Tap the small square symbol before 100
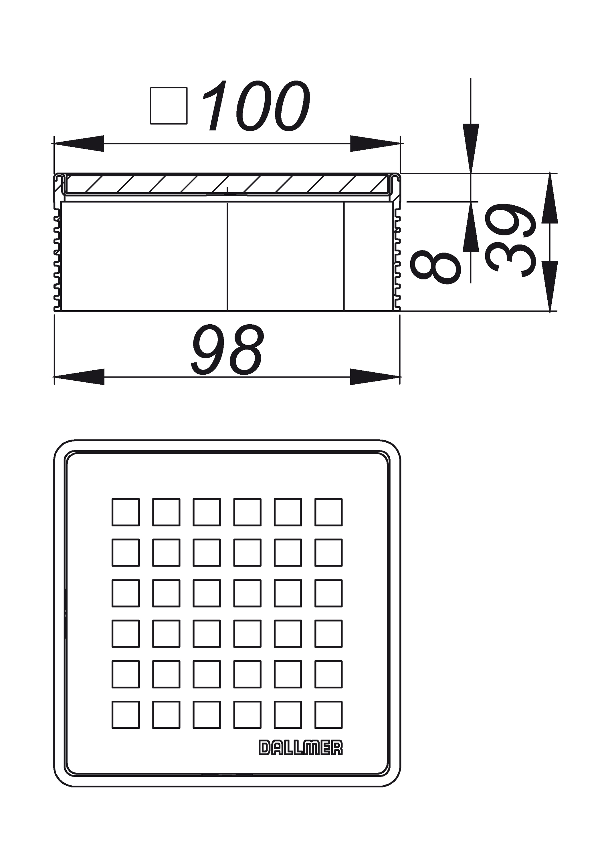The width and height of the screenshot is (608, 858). [x=169, y=106]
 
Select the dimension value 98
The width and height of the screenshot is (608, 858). [x=227, y=349]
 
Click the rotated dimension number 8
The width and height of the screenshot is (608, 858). [x=435, y=267]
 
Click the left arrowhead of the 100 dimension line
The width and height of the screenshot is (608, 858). [x=79, y=143]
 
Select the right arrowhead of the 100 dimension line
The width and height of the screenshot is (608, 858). [x=375, y=143]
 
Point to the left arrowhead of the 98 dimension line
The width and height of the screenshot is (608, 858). [x=79, y=376]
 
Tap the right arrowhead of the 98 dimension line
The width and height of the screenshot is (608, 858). [x=375, y=376]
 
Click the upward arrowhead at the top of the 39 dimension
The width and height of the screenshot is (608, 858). [x=550, y=198]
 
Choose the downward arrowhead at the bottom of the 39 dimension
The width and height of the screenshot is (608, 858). [x=550, y=286]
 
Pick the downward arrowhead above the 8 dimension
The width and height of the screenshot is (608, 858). [x=471, y=148]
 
